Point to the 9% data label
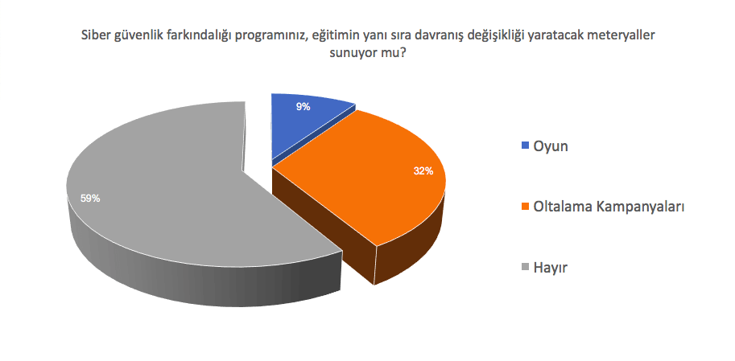tap(303, 107)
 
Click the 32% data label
tap(423, 171)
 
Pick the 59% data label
tap(90, 199)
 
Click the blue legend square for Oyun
tap(525, 146)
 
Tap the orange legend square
tap(525, 207)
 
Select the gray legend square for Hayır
tap(525, 268)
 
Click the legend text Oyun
tap(551, 146)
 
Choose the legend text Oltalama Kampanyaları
tap(609, 207)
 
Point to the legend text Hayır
tap(551, 269)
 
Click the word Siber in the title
tap(96, 36)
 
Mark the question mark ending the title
tap(403, 53)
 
